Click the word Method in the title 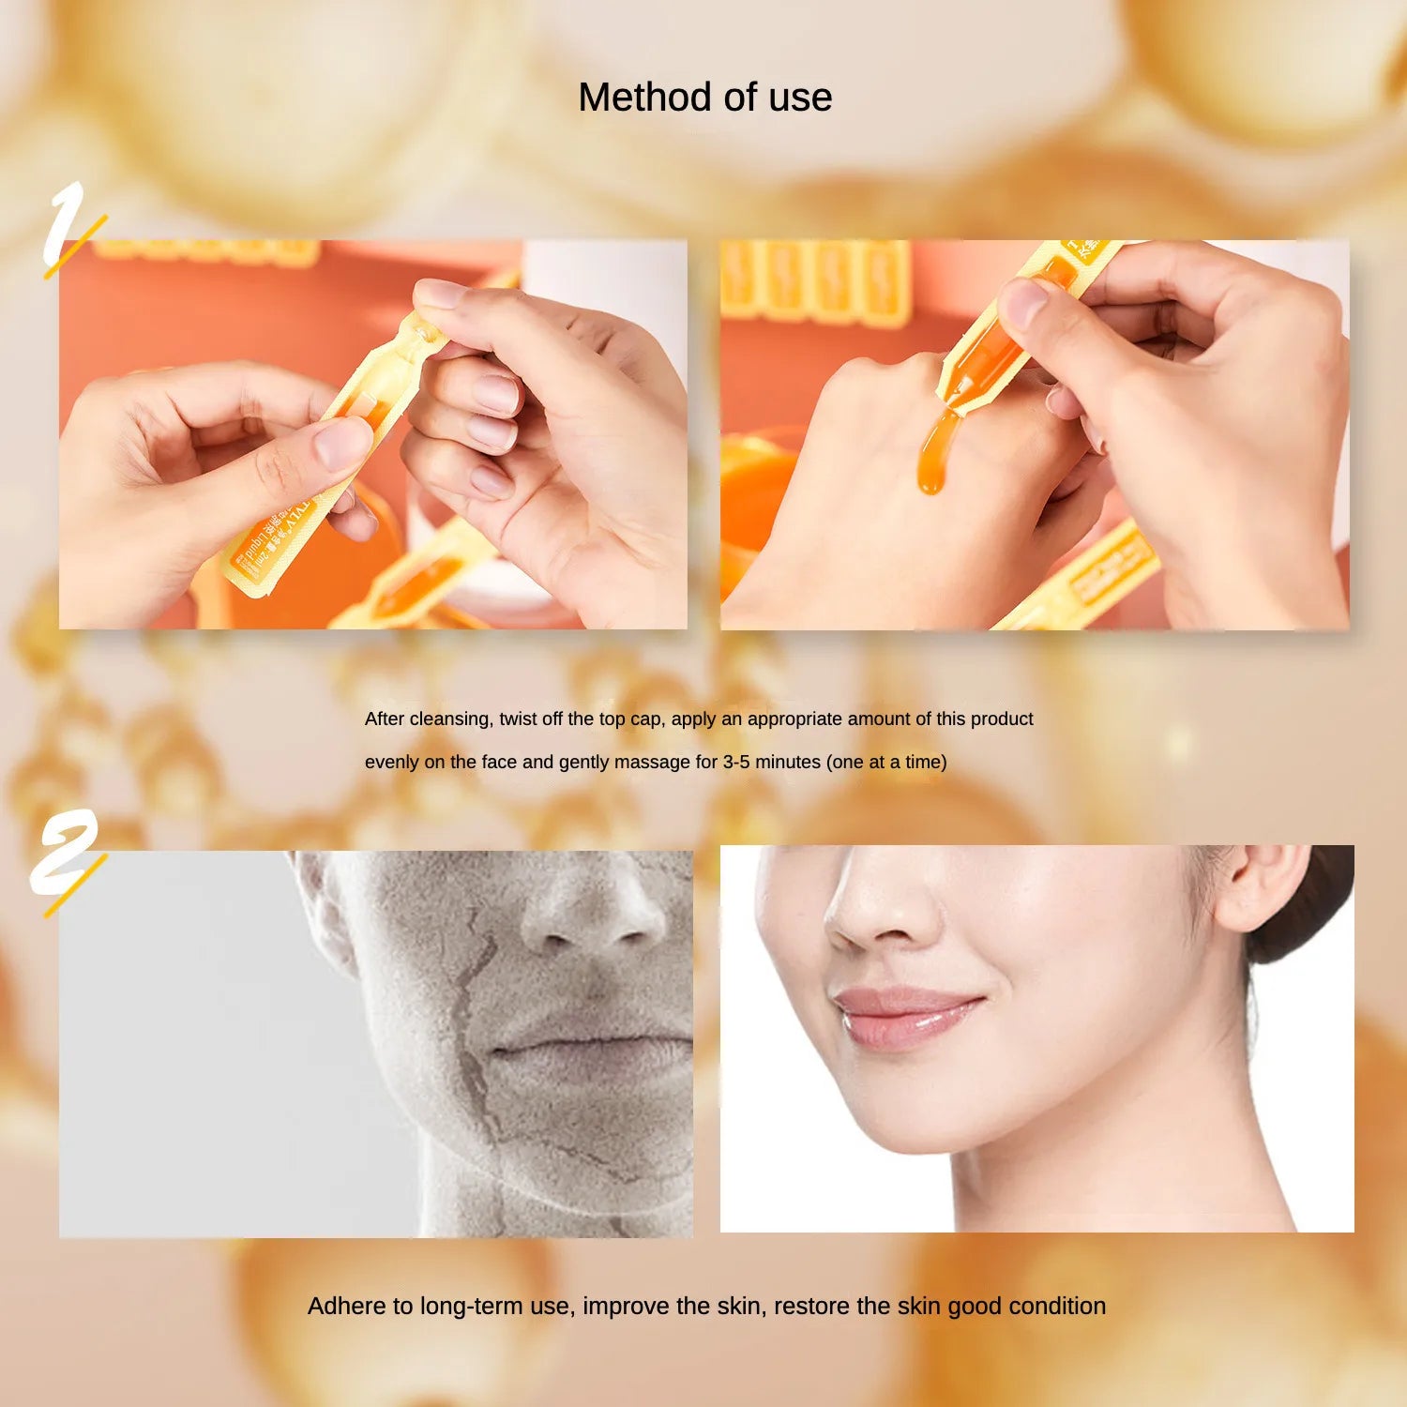click(x=633, y=98)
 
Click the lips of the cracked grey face click(x=591, y=1051)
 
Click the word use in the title click(x=800, y=98)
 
